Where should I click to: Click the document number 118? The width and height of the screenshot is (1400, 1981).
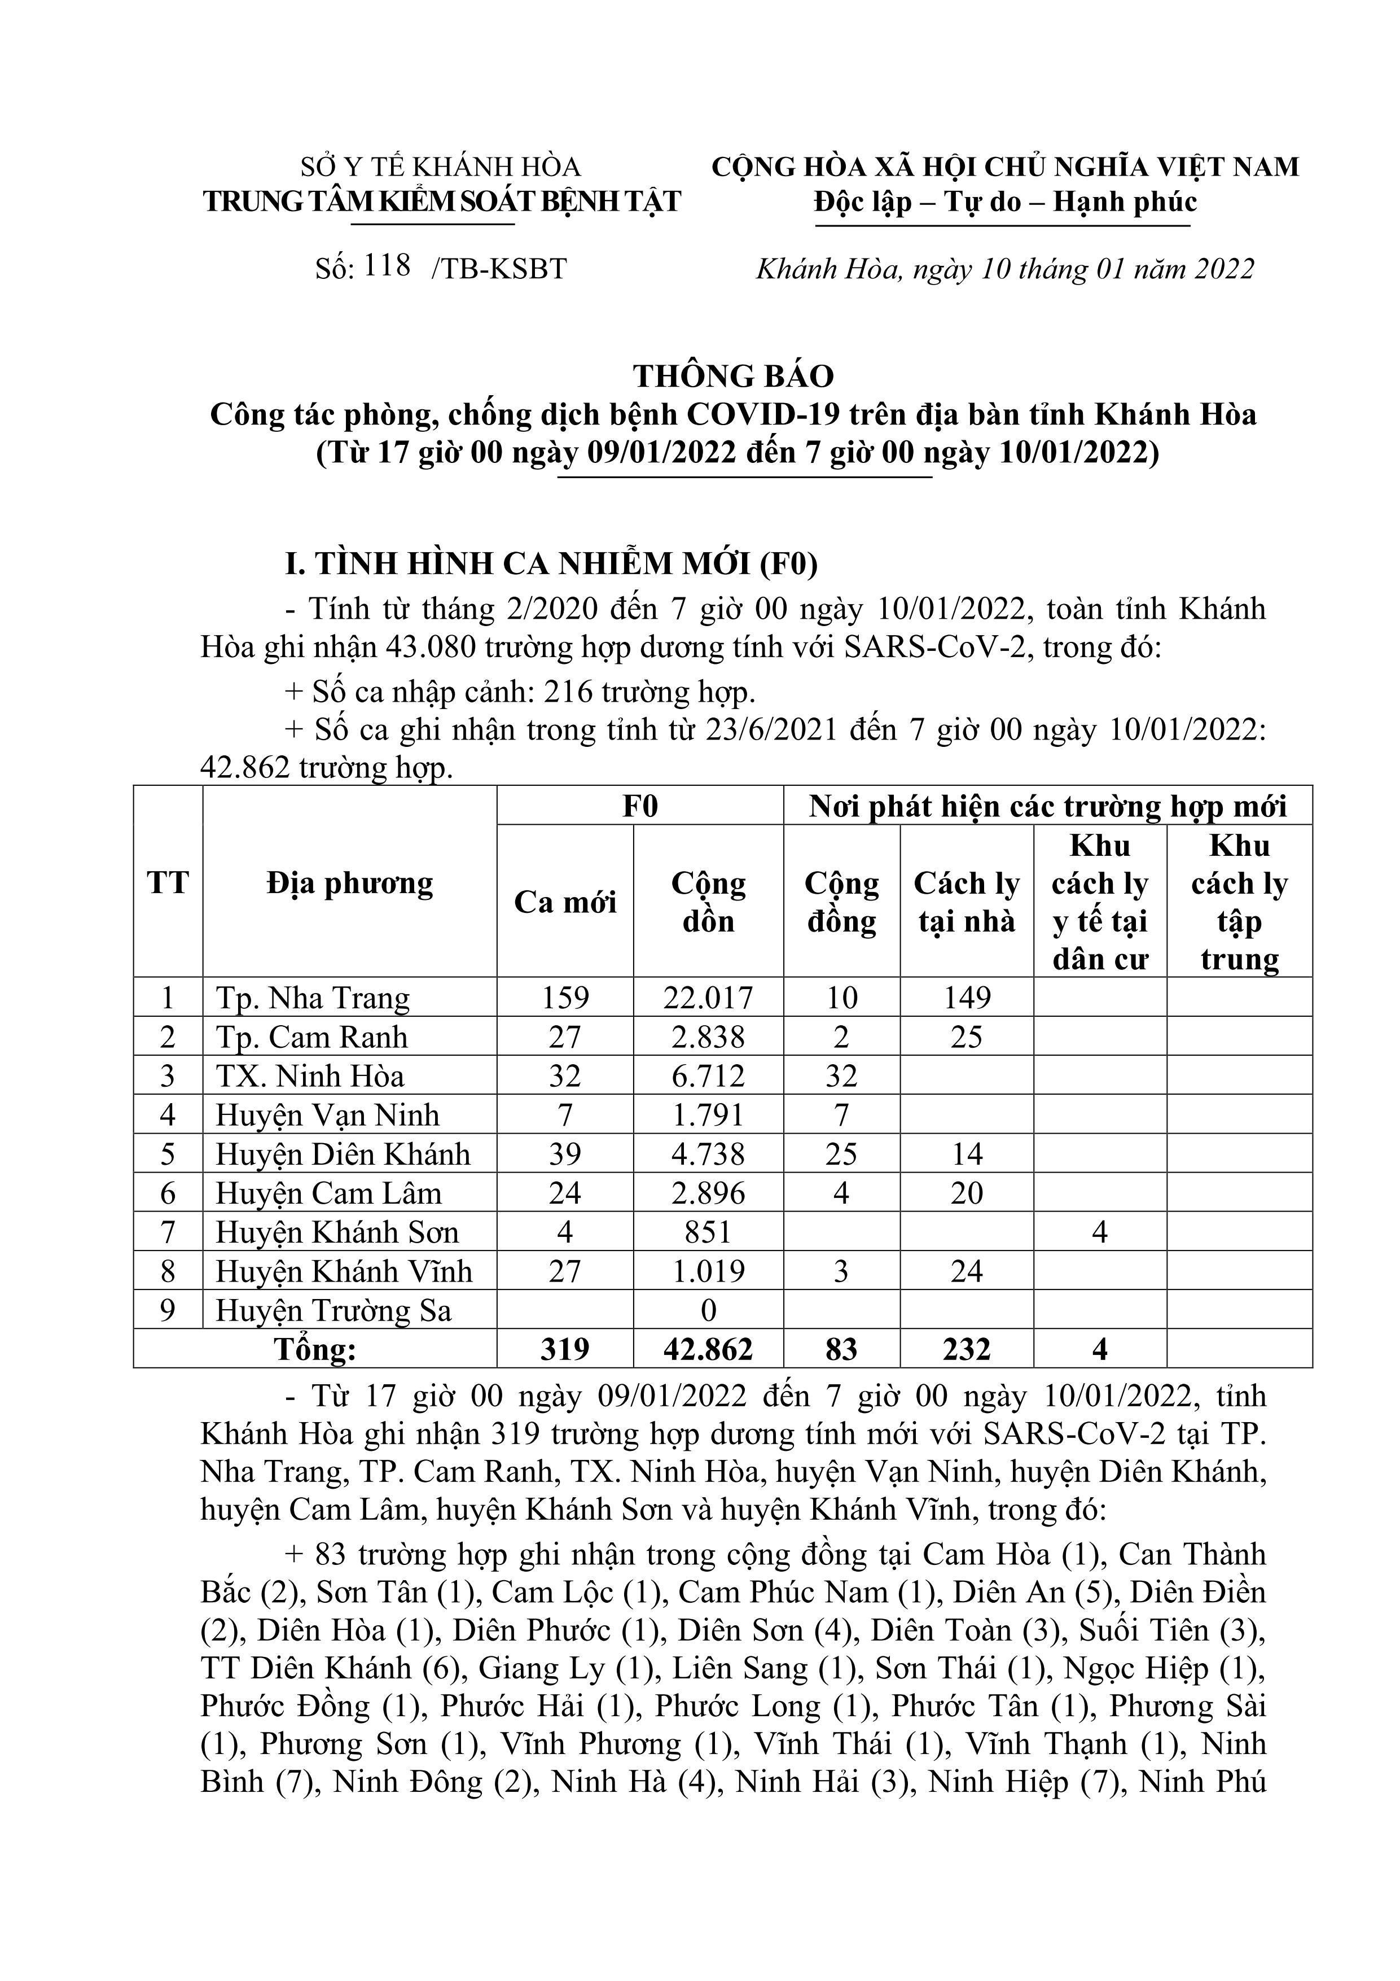tap(387, 266)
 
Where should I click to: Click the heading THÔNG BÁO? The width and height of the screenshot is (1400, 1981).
tap(733, 376)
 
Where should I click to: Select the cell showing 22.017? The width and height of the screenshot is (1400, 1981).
tap(708, 998)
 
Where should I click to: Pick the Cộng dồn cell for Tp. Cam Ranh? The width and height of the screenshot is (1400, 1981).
tap(708, 1037)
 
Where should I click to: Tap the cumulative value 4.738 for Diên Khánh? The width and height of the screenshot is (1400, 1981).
tap(708, 1155)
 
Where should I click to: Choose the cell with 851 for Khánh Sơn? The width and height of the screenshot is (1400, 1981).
tap(708, 1232)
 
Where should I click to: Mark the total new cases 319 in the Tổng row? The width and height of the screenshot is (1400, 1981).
tap(565, 1349)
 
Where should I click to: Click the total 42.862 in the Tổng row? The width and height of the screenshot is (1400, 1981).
tap(708, 1349)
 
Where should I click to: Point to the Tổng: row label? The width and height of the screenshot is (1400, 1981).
tap(315, 1349)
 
